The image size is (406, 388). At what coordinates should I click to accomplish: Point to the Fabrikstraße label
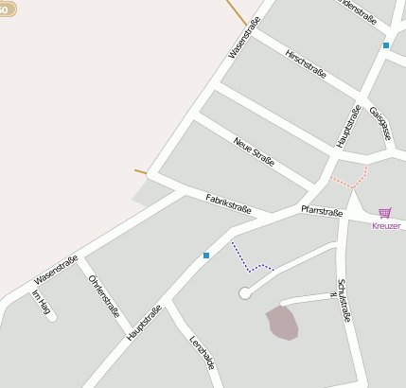[228, 203]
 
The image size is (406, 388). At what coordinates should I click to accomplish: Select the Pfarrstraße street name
[321, 211]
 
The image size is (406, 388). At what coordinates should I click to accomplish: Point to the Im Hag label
[41, 302]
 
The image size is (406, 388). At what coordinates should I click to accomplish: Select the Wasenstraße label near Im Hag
[55, 273]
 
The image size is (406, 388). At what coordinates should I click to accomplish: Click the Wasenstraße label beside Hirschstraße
[243, 41]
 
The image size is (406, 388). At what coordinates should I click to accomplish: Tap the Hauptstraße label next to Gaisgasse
[348, 126]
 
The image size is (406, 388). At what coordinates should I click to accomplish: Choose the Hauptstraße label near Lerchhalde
[144, 323]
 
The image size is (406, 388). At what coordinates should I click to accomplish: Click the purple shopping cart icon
[385, 214]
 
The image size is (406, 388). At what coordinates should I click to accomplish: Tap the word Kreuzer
[386, 226]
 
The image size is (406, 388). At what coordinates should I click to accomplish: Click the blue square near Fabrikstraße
[206, 256]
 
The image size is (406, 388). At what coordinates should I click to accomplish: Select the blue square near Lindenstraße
[386, 45]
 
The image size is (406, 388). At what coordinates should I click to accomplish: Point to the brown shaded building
[282, 322]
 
